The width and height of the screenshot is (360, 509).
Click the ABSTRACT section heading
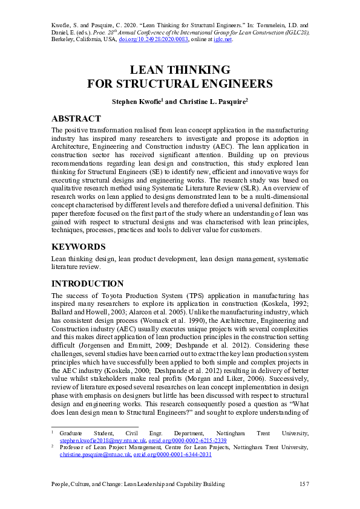[x=76, y=118]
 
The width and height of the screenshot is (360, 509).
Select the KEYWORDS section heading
[x=79, y=247]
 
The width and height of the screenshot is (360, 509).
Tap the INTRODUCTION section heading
[x=88, y=284]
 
